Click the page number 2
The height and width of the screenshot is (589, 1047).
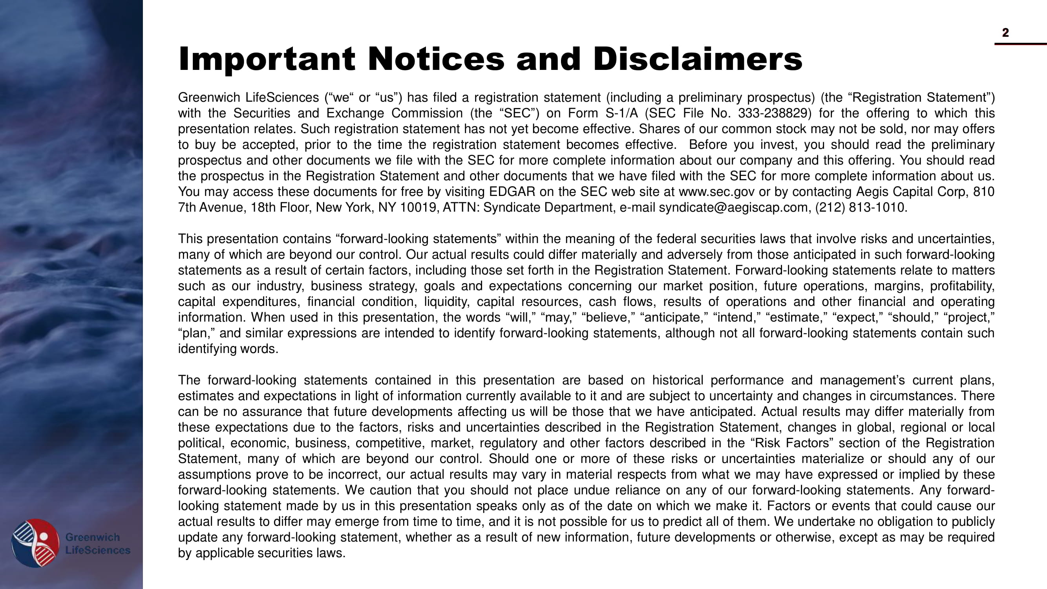tap(1005, 33)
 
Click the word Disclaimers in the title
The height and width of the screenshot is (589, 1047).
tap(698, 59)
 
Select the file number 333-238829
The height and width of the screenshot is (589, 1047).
tap(774, 113)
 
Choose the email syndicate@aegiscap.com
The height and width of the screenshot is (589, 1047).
tap(733, 207)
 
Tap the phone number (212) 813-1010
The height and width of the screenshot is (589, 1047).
tap(861, 207)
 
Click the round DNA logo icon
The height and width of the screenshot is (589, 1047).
tap(35, 543)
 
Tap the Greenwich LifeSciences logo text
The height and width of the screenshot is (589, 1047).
tap(97, 543)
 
